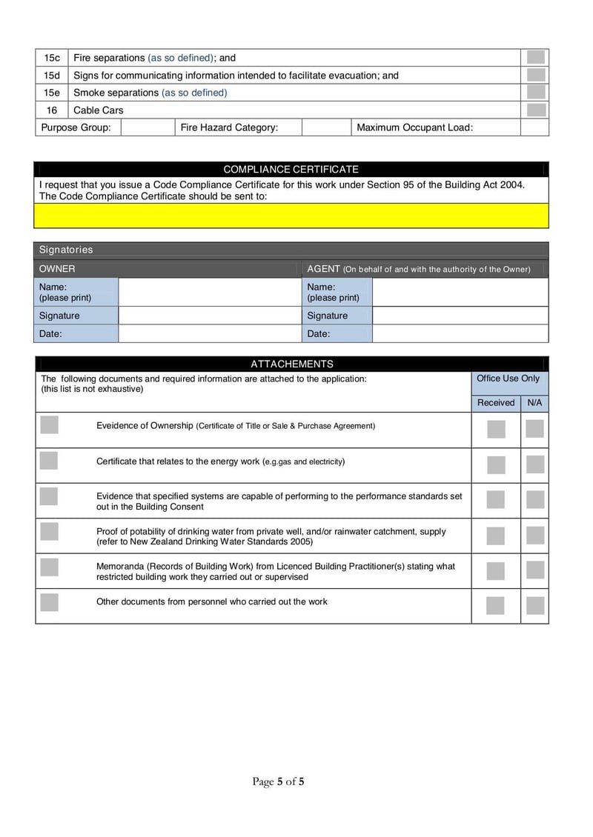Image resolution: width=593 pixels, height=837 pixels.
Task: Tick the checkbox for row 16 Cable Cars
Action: click(536, 110)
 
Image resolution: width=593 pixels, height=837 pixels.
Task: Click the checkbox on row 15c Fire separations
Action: click(536, 58)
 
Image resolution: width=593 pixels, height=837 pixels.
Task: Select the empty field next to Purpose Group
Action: click(148, 127)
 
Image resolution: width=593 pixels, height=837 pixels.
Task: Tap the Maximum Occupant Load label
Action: click(414, 127)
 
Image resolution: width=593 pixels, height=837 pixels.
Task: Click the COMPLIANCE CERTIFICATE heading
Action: click(291, 170)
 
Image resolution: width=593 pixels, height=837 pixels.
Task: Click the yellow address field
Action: click(291, 216)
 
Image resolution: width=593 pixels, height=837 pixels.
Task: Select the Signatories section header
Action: click(66, 250)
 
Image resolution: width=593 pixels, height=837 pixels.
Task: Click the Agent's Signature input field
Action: click(460, 316)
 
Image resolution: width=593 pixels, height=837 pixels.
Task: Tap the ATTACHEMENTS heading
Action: click(291, 364)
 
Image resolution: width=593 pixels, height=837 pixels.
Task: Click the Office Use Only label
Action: click(508, 379)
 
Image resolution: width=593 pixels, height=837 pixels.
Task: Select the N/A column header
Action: click(534, 403)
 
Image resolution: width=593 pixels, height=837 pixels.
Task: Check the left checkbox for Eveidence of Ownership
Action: click(49, 424)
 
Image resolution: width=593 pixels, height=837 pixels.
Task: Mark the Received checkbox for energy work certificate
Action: click(496, 465)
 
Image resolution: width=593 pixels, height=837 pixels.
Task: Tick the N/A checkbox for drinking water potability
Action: click(534, 536)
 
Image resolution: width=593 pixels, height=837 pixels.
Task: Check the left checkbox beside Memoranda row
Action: click(49, 567)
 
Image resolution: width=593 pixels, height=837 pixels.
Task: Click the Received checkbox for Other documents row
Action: click(496, 606)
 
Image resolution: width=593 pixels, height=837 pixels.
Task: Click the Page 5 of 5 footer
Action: click(278, 781)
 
